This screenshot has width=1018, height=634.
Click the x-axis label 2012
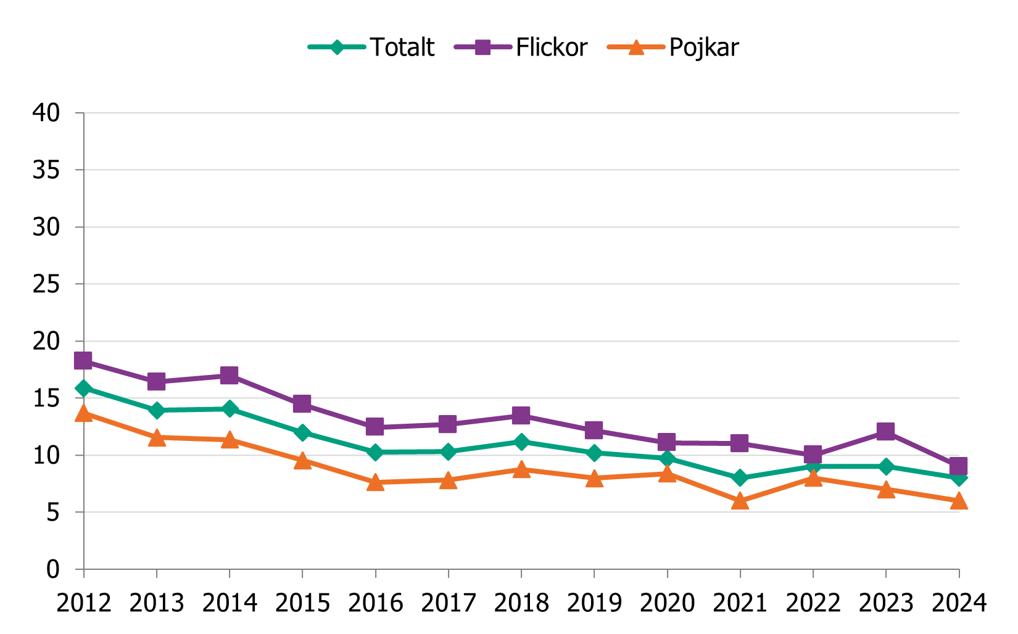[84, 603]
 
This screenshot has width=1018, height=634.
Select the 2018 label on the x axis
[521, 603]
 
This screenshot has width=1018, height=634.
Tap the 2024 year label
[959, 603]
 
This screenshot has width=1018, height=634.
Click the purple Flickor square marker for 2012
[83, 361]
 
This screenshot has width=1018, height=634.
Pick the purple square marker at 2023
[886, 431]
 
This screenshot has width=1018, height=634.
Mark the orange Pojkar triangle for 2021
[740, 501]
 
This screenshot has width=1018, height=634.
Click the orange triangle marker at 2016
[375, 482]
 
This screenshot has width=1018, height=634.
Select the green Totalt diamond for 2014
[230, 409]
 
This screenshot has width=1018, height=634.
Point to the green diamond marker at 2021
[740, 478]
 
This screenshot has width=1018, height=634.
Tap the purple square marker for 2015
[302, 404]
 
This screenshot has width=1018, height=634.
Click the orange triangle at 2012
[84, 414]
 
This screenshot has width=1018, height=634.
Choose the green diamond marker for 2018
[521, 442]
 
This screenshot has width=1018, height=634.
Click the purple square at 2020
[667, 442]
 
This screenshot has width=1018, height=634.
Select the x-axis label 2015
[302, 603]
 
